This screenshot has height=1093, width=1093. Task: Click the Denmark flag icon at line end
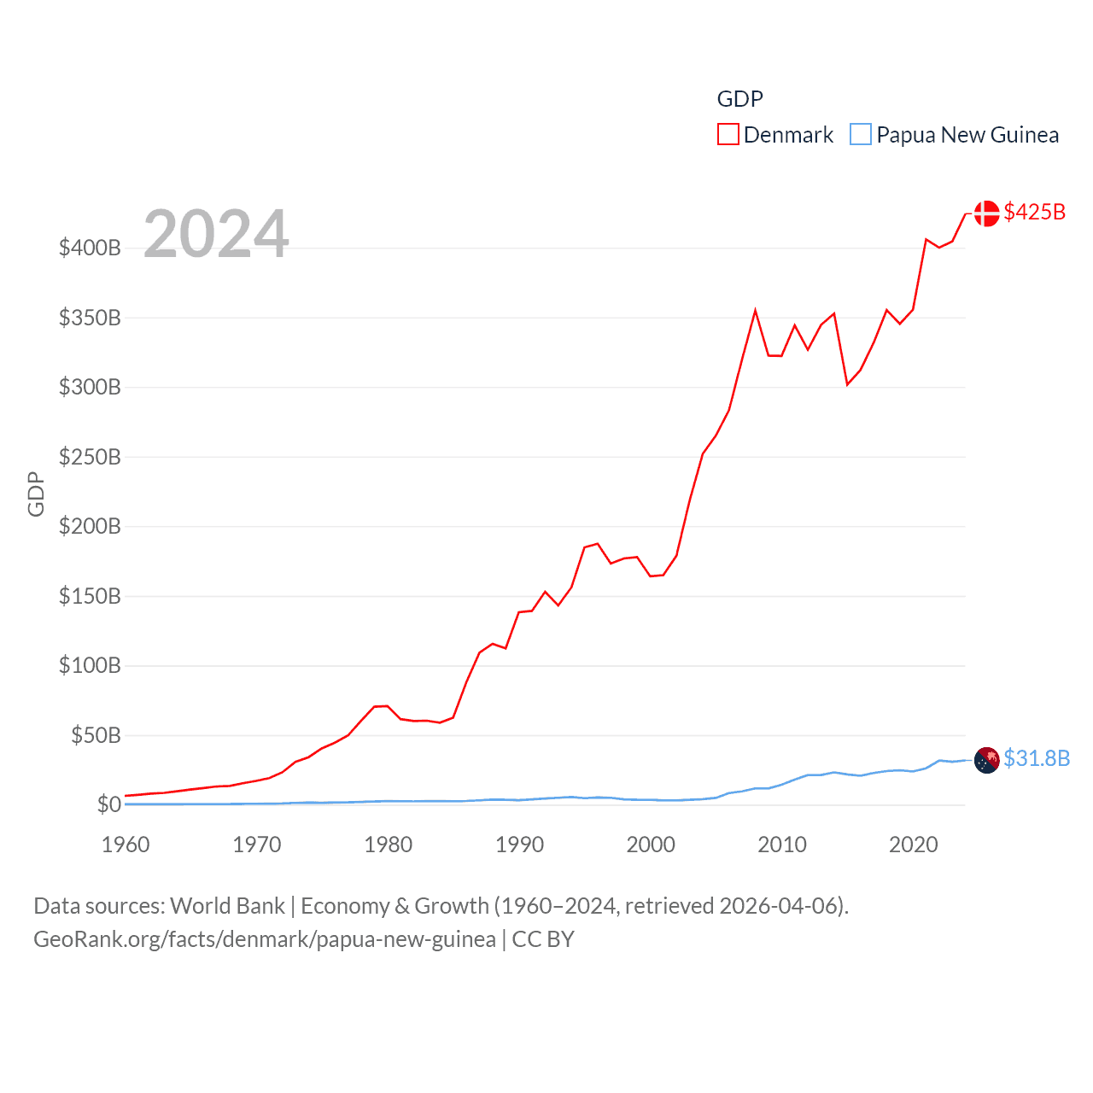tap(986, 213)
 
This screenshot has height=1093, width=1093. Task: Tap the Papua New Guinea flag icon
tap(986, 760)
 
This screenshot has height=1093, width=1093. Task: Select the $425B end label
tap(1035, 212)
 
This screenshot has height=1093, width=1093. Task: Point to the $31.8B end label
tap(1037, 758)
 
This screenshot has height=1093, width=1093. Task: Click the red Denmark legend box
tap(728, 135)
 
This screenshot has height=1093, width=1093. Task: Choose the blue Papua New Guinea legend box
tap(861, 135)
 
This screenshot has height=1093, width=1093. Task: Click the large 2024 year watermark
tap(216, 234)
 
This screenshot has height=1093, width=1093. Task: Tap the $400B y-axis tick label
tap(90, 248)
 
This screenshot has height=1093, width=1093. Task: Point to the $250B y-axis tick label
tap(90, 457)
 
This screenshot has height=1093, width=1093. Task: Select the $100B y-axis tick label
tap(90, 665)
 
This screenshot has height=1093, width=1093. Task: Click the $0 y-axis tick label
tap(108, 804)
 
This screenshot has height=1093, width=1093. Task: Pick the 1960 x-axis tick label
tap(126, 845)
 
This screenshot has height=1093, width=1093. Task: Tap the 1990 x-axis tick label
tap(519, 845)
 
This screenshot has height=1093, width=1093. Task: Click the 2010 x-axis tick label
tap(782, 845)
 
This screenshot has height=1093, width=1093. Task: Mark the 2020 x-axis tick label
tap(914, 845)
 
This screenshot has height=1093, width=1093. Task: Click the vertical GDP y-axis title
tap(36, 494)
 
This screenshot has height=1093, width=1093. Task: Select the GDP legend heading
tap(739, 99)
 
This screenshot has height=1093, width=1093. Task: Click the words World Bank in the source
tap(228, 906)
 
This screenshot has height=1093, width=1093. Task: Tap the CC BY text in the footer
tap(543, 939)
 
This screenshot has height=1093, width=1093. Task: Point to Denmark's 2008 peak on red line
tap(756, 310)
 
